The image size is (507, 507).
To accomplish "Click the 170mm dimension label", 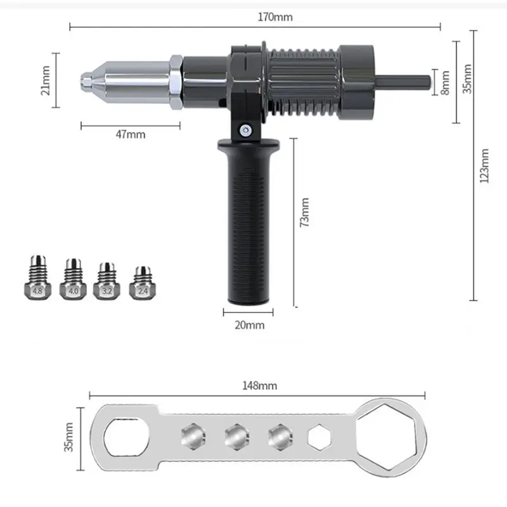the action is tap(275, 17).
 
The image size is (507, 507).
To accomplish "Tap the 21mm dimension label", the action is tap(46, 80).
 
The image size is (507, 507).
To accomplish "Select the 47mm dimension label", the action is tap(131, 134).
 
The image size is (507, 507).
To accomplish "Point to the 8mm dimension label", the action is tap(446, 82).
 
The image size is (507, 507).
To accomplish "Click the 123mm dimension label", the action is tap(484, 166).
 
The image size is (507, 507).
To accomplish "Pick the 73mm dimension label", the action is tap(304, 212).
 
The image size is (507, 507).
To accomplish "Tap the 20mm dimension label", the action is tap(250, 325).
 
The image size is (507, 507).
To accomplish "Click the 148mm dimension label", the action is tap(260, 385).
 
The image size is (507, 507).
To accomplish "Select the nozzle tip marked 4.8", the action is tap(38, 278).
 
